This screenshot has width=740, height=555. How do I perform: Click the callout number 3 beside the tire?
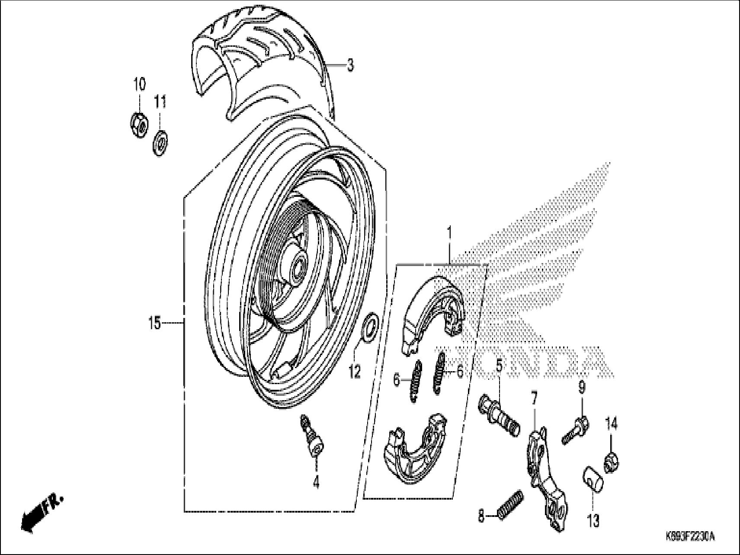(350, 65)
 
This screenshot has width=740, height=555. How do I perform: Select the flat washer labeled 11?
(160, 141)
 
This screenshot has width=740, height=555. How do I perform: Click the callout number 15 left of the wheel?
(154, 323)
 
